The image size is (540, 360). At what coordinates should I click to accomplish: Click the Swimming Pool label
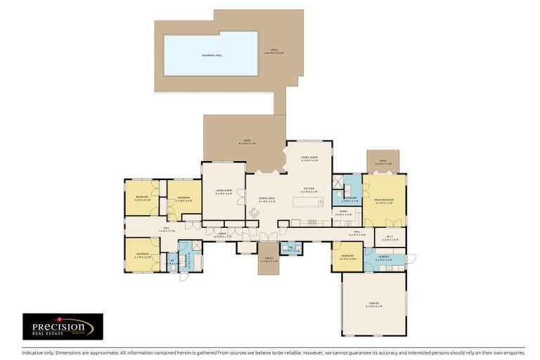pyautogui.click(x=210, y=54)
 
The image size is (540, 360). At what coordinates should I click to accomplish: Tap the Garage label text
pyautogui.click(x=373, y=304)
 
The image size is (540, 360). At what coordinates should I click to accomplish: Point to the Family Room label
pyautogui.click(x=310, y=158)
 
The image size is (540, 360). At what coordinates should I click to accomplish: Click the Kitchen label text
pyautogui.click(x=309, y=190)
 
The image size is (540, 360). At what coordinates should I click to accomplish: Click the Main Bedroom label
pyautogui.click(x=384, y=201)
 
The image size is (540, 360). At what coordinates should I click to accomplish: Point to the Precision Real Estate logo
pyautogui.click(x=63, y=327)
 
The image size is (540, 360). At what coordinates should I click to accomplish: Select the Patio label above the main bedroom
pyautogui.click(x=382, y=162)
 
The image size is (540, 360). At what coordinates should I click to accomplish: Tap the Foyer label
pyautogui.click(x=222, y=236)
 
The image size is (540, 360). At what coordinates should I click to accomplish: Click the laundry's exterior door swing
pyautogui.click(x=411, y=259)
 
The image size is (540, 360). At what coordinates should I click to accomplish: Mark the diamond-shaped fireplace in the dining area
pyautogui.click(x=253, y=212)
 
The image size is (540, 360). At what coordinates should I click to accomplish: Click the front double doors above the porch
pyautogui.click(x=268, y=236)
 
